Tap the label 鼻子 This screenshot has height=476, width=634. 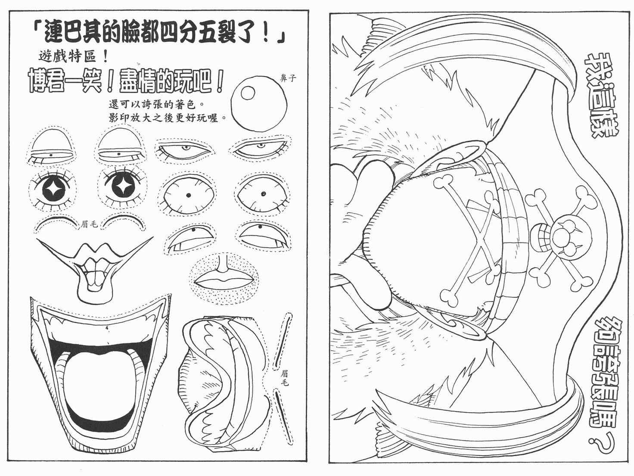coord(288,78)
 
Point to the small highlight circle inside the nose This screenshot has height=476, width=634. coord(248,93)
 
